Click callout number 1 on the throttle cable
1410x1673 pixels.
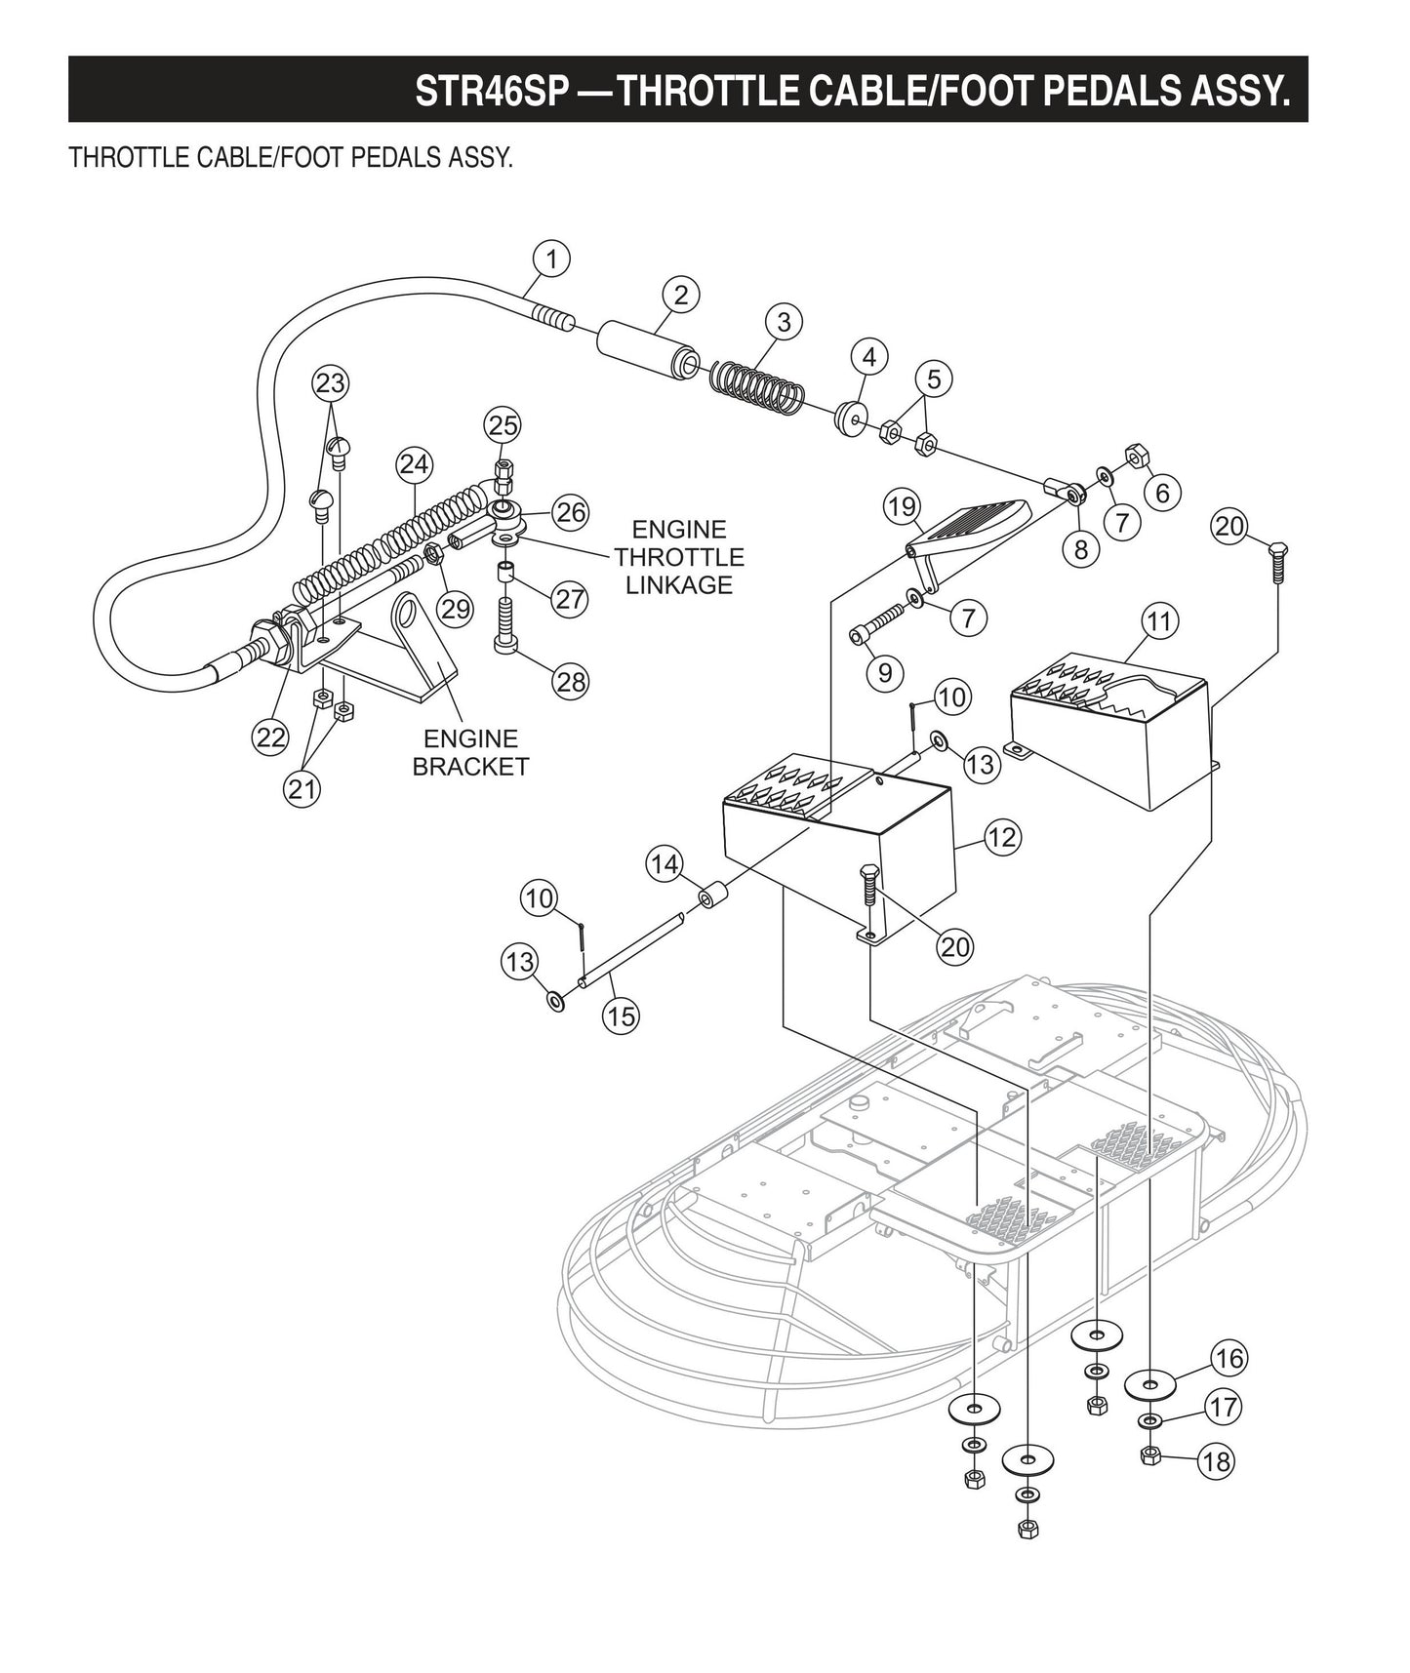click(x=551, y=259)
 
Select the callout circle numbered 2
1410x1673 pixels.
click(x=680, y=295)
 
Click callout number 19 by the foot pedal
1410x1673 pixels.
click(x=903, y=506)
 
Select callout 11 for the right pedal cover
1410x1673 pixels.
click(x=1159, y=621)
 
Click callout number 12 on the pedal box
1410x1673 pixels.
click(x=1002, y=837)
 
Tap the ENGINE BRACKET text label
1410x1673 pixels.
click(x=470, y=752)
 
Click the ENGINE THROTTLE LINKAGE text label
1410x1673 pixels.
click(x=678, y=557)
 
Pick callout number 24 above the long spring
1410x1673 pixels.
click(x=414, y=464)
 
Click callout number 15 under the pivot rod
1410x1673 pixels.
click(x=621, y=1016)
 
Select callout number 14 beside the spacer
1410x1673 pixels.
click(x=665, y=864)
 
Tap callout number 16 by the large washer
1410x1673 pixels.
click(x=1229, y=1358)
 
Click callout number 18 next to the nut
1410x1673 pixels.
click(x=1218, y=1461)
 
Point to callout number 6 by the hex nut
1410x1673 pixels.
click(x=1161, y=493)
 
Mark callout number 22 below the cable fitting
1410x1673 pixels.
click(x=269, y=737)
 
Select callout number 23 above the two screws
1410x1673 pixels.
click(x=331, y=382)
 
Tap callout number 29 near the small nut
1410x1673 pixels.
click(x=455, y=609)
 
